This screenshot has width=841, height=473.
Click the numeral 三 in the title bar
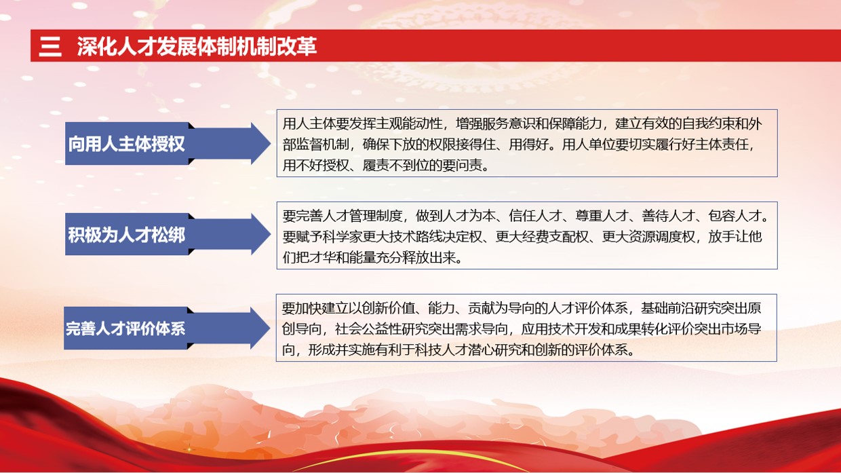point(50,47)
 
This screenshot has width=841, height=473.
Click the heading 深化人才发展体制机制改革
point(197,47)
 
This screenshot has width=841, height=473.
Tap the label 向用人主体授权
point(126,144)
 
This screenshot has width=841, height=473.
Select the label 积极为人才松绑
point(126,235)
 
